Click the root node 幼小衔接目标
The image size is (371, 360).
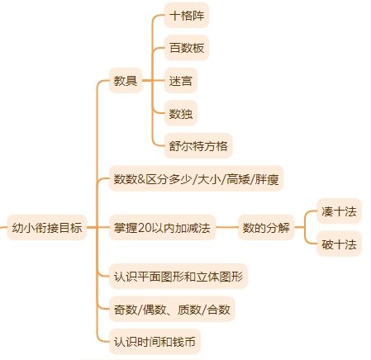click(47, 228)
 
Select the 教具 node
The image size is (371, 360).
click(126, 81)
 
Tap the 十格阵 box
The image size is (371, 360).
click(187, 16)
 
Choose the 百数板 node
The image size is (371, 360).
click(187, 48)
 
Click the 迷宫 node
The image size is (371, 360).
click(181, 81)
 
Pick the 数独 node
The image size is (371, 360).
click(181, 113)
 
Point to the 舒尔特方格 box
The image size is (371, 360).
click(198, 146)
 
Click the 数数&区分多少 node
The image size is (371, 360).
click(197, 178)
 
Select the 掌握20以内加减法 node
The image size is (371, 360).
click(162, 228)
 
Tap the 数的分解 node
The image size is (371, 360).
click(266, 228)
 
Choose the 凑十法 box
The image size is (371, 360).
click(339, 211)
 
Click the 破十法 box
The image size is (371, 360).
click(339, 244)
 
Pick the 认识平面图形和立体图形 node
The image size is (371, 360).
click(178, 277)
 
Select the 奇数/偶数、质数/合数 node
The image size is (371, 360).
click(172, 310)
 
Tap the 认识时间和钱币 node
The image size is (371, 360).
click(155, 342)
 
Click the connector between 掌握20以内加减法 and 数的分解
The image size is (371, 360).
click(226, 228)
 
